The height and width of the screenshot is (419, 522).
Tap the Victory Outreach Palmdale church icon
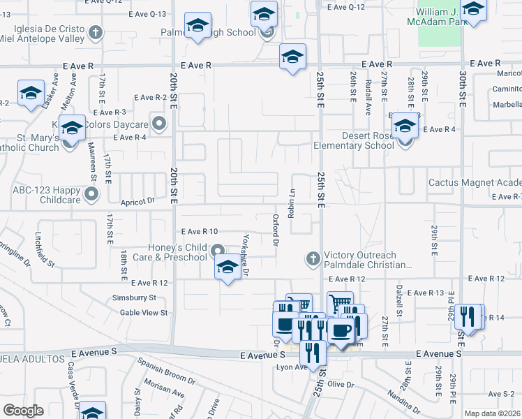pos(313,259)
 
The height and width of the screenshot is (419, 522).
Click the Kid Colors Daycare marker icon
pos(159,125)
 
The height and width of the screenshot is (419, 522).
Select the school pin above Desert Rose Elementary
pos(404,127)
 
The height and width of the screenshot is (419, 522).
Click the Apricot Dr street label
pos(137,200)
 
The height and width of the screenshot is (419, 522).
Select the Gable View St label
pos(144,313)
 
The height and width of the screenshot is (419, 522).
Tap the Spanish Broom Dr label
pos(166,370)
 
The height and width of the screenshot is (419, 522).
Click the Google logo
pos(23,411)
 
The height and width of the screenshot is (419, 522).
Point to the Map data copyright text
pos(493,413)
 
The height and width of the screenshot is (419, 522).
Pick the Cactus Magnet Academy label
pos(475,182)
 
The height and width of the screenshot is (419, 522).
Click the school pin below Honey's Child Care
pos(228,268)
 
